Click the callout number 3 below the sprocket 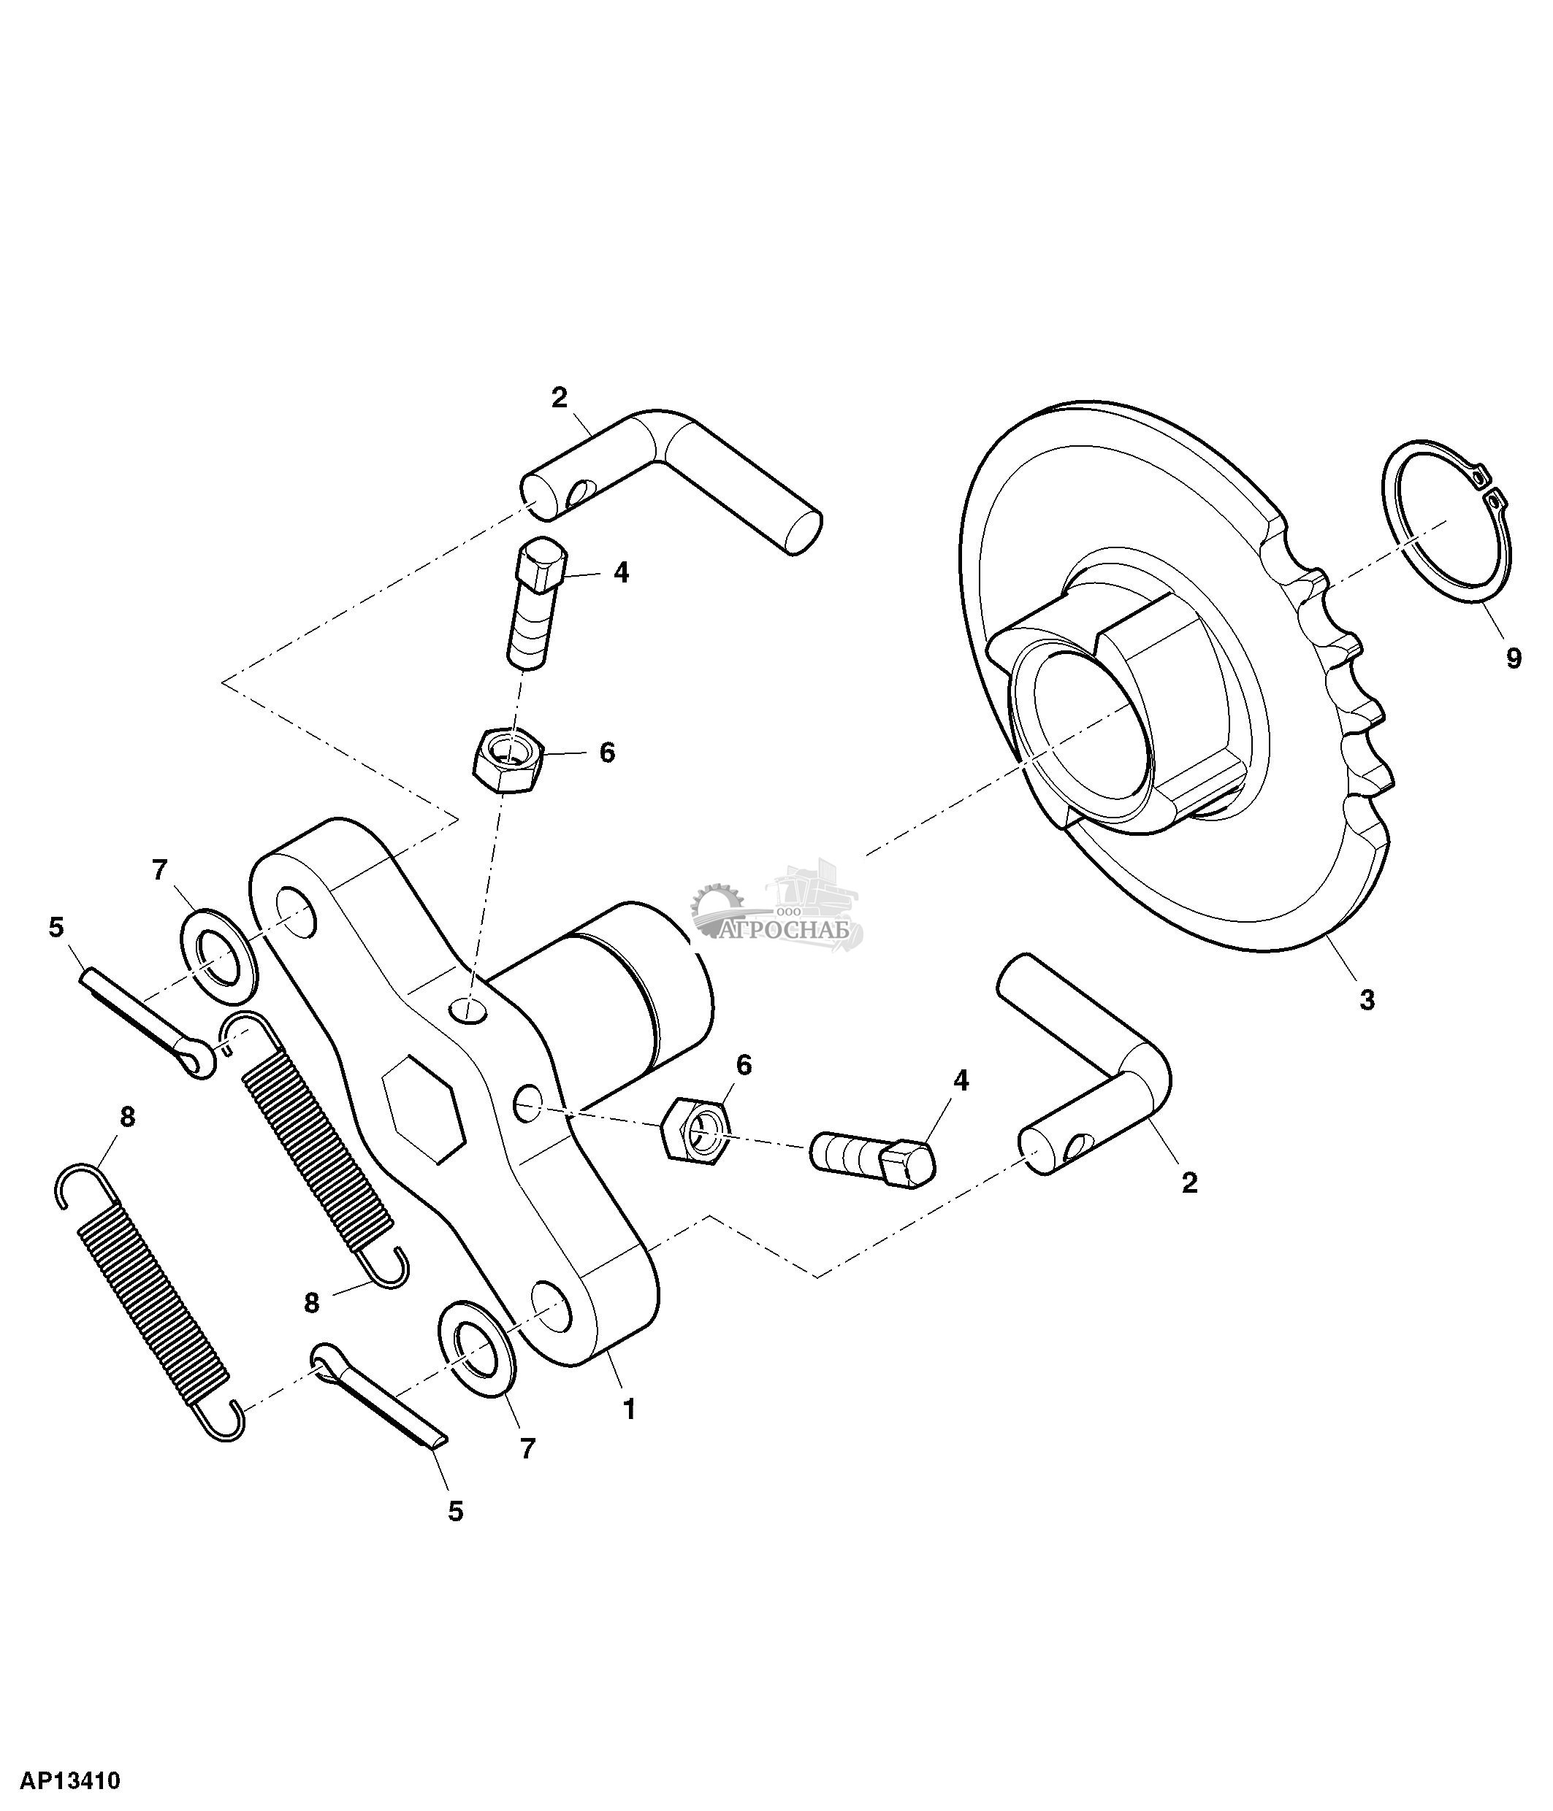click(x=1367, y=1001)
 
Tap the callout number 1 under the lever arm click(x=627, y=1409)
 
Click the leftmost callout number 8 click(x=127, y=1116)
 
